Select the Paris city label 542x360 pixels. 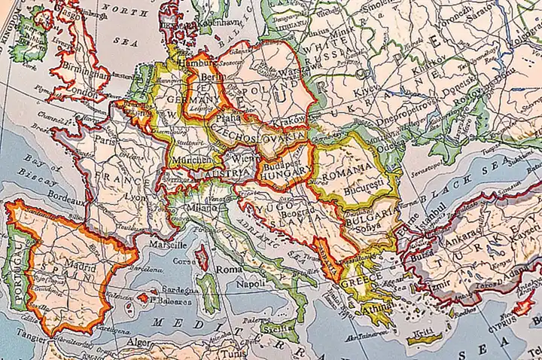pyautogui.click(x=106, y=140)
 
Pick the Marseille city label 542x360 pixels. pyautogui.click(x=168, y=246)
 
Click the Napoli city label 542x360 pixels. pyautogui.click(x=251, y=284)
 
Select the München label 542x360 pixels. pyautogui.click(x=187, y=161)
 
